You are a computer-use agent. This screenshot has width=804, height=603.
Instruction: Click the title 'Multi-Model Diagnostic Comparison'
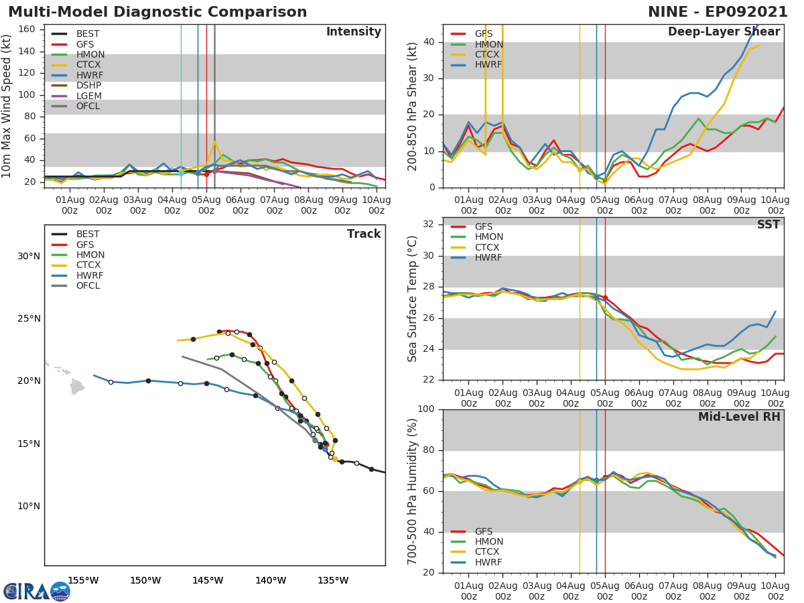point(157,12)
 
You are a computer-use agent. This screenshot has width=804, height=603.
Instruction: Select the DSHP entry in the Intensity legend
point(88,86)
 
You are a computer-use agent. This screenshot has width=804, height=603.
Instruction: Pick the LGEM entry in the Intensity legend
point(88,96)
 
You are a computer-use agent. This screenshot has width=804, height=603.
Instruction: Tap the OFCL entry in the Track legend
point(88,286)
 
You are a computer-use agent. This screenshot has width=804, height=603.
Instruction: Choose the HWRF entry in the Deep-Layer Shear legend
point(488,65)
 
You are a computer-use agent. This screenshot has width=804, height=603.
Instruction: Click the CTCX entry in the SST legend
point(488,248)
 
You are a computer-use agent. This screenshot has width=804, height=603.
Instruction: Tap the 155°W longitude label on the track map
point(83,581)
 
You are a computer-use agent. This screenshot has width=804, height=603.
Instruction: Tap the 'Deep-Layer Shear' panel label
point(724,32)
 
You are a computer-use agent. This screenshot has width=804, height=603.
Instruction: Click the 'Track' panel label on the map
point(364,234)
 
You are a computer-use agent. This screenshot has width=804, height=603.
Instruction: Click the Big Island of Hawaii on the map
point(77,387)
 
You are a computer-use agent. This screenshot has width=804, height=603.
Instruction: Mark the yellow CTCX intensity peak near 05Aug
point(214,142)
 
